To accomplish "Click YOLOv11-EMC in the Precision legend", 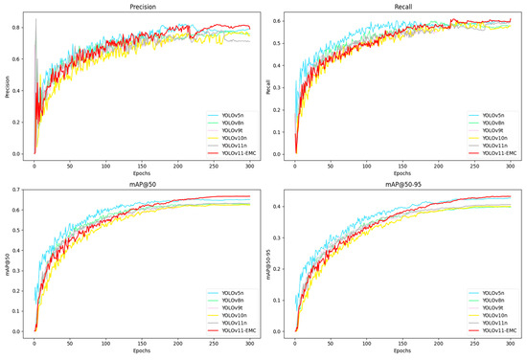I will coord(236,153).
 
